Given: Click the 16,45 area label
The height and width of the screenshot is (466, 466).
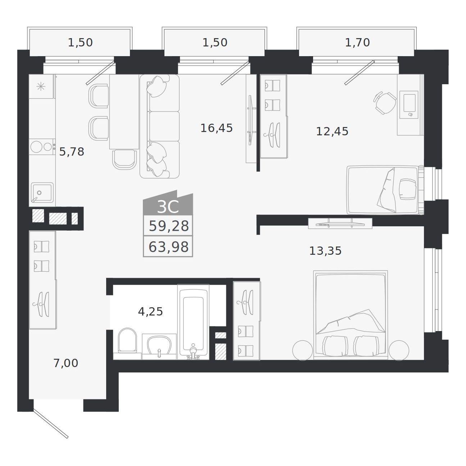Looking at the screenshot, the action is pyautogui.click(x=216, y=128).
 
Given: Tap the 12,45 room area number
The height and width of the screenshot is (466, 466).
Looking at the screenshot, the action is pyautogui.click(x=332, y=132).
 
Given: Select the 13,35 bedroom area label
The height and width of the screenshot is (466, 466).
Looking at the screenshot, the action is pyautogui.click(x=325, y=251).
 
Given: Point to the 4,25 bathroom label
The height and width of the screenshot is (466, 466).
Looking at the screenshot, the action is pyautogui.click(x=150, y=312).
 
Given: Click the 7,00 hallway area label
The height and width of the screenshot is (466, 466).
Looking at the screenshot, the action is pyautogui.click(x=66, y=363).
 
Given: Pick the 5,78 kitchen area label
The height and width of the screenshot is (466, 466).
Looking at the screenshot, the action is pyautogui.click(x=72, y=152).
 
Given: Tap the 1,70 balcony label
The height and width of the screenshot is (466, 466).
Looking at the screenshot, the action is pyautogui.click(x=357, y=43).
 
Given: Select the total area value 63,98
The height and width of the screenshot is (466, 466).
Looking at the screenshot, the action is pyautogui.click(x=168, y=247).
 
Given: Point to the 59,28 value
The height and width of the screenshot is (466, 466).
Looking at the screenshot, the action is pyautogui.click(x=168, y=226).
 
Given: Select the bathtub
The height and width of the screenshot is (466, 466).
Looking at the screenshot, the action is pyautogui.click(x=193, y=322).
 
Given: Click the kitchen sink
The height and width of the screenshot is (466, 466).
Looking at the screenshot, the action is pyautogui.click(x=42, y=193).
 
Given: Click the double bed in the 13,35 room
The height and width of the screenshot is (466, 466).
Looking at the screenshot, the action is pyautogui.click(x=350, y=315).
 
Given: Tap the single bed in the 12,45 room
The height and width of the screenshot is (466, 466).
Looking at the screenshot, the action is pyautogui.click(x=385, y=190).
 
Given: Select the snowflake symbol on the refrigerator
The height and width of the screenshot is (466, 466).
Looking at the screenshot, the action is pyautogui.click(x=41, y=86).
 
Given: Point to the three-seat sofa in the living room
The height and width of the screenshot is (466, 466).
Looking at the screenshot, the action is pyautogui.click(x=159, y=126).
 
